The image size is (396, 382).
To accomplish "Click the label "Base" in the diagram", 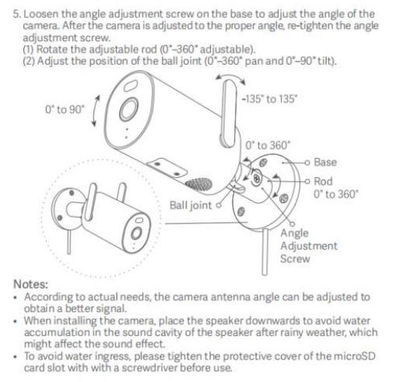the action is coord(325,163).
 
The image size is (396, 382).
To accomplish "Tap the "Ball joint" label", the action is coord(191,205).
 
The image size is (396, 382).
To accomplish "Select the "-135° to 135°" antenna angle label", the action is coord(269,99).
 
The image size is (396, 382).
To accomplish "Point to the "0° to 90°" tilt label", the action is coord(65,110).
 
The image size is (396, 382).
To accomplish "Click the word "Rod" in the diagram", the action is coord(323,181).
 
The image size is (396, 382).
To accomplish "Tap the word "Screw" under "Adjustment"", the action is coord(295,259).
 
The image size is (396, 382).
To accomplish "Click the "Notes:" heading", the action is coord(31,284).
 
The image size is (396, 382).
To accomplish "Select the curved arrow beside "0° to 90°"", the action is coord(96,111).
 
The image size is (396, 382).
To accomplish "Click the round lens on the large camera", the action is coord(128,110).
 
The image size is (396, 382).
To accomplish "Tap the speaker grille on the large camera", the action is coord(199,184).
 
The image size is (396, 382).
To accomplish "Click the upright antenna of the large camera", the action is coord(229,113).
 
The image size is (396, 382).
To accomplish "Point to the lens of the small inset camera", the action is coord(136,233).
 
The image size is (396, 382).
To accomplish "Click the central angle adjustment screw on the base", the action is coord(257,178).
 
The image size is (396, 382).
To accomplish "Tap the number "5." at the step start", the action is coord(17,14).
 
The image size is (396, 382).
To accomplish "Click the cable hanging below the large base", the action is coord(265,251).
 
